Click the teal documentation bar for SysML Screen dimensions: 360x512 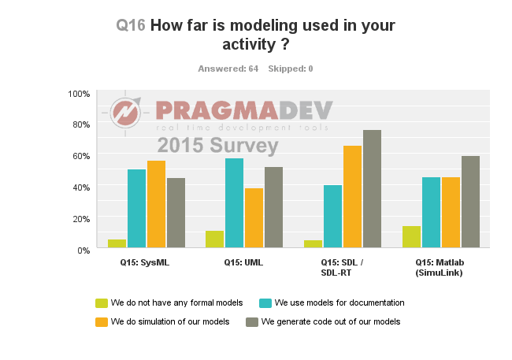click(137, 210)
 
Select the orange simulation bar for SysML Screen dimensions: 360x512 click(157, 205)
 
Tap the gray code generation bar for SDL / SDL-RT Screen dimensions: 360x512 click(372, 190)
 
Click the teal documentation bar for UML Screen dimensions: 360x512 click(235, 204)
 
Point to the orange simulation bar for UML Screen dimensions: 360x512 click(254, 219)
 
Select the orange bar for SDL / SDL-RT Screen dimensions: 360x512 click(352, 198)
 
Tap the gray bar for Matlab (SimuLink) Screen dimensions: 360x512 click(470, 202)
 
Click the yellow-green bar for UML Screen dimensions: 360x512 click(215, 240)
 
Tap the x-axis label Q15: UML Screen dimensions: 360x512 click(243, 263)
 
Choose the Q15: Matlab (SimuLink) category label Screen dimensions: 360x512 click(440, 268)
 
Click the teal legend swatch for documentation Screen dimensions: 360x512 click(265, 302)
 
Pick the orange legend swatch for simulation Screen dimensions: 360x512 click(101, 321)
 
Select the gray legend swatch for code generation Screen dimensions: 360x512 click(252, 321)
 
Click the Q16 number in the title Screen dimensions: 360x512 click(130, 25)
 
